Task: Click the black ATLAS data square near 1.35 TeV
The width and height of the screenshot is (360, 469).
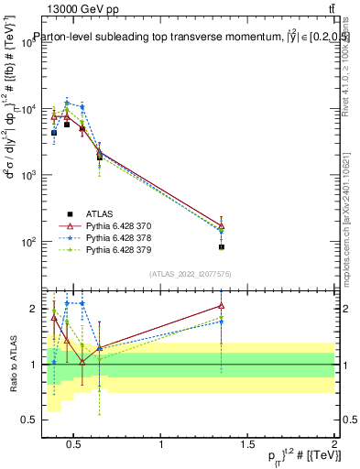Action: coord(222,247)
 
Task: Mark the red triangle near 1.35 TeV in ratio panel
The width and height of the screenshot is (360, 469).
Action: coord(222,306)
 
